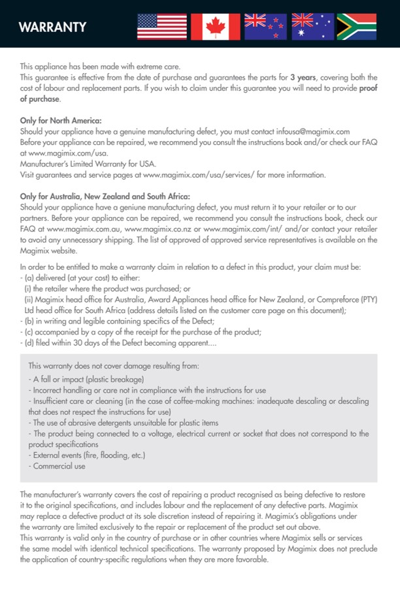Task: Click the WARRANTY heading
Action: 52,27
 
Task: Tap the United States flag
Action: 161,27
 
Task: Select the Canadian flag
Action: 215,27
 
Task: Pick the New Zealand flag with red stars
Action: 264,27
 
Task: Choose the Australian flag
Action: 312,27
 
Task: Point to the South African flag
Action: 356,27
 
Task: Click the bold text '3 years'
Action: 303,77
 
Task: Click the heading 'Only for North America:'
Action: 61,120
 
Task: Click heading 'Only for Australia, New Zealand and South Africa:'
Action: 105,195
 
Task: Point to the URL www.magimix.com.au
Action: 84,229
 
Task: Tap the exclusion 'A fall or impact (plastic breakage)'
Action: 86,378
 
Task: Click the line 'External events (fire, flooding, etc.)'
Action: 86,455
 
